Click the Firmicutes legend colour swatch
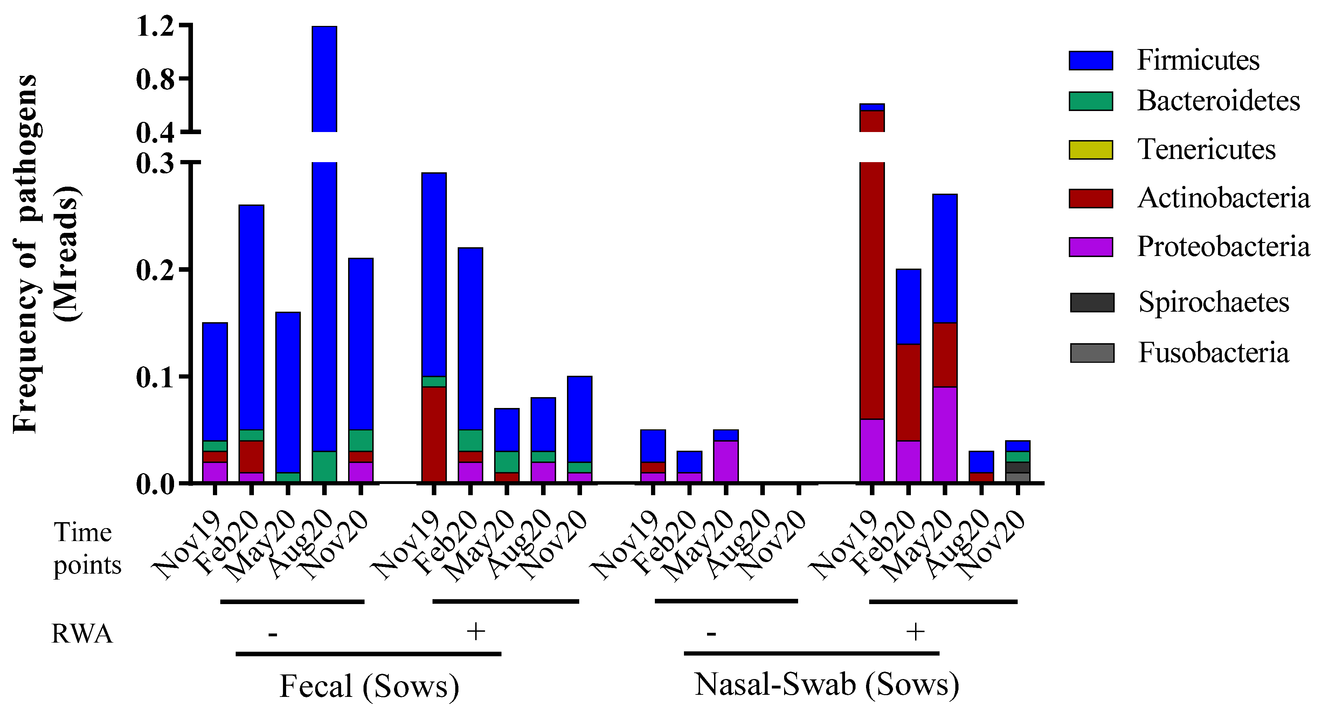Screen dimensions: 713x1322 pos(1091,61)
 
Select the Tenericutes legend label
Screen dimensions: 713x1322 pos(1206,150)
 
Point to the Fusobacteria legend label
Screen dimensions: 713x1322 pos(1213,353)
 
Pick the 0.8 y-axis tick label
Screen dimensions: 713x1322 pos(155,79)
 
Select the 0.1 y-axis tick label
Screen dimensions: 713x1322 pos(155,377)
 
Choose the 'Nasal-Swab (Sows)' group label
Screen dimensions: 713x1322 pos(826,684)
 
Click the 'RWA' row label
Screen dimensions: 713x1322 pos(82,634)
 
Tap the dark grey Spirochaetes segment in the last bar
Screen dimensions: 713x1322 pos(1018,467)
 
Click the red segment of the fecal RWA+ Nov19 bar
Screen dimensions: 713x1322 pos(434,434)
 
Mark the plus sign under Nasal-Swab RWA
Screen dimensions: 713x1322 pos(915,631)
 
